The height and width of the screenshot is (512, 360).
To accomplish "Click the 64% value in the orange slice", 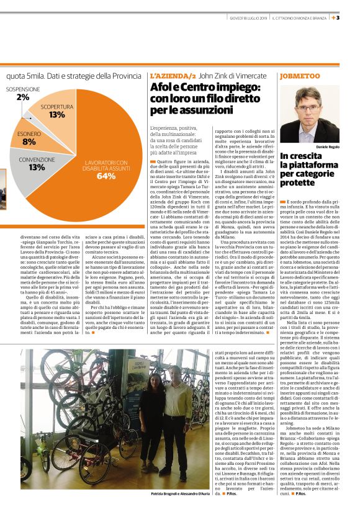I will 106,176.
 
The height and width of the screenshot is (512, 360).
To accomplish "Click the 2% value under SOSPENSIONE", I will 22,97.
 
